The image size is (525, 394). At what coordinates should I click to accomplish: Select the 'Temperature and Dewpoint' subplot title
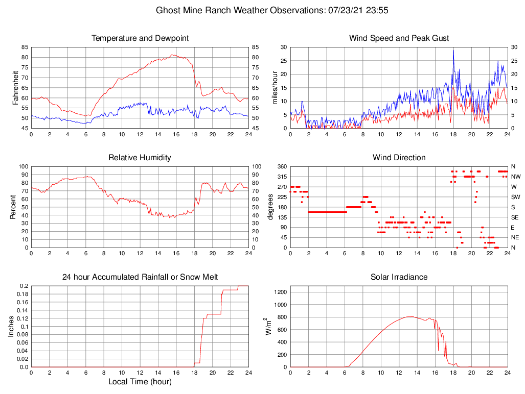(x=140, y=38)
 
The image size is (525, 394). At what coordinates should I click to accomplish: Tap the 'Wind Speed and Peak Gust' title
(x=399, y=38)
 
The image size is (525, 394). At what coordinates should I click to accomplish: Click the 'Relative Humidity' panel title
(x=140, y=158)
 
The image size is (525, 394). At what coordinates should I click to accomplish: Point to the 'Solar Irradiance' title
(x=399, y=277)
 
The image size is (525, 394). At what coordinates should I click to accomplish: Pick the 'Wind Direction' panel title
(x=399, y=158)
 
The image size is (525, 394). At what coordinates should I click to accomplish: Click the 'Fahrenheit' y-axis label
(x=15, y=87)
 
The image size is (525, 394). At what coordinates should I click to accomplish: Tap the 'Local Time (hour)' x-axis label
(x=140, y=382)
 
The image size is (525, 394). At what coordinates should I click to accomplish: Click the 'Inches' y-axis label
(x=11, y=327)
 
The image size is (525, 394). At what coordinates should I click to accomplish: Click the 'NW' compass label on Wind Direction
(x=516, y=177)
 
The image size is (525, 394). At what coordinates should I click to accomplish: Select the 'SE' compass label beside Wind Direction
(x=515, y=217)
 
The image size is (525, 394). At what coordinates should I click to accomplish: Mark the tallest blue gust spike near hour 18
(x=453, y=50)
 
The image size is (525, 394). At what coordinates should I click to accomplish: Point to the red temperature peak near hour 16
(x=173, y=55)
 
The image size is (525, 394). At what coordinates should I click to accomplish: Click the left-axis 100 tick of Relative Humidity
(x=21, y=167)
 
